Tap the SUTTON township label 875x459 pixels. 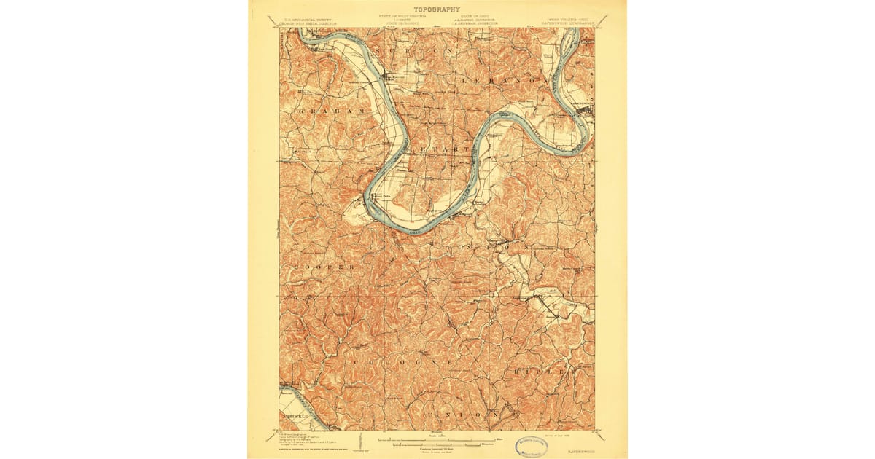pos(418,51)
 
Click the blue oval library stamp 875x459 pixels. pos(534,447)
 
